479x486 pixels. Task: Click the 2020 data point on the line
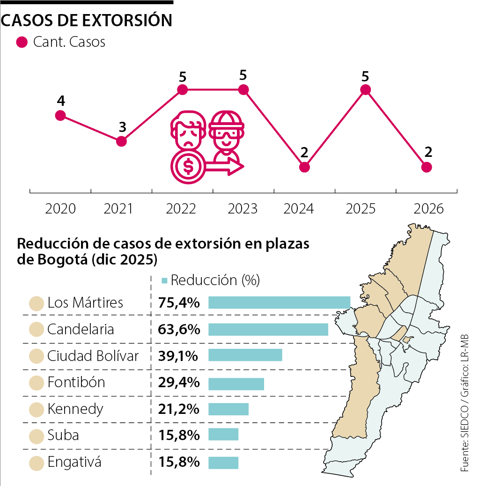(x=60, y=116)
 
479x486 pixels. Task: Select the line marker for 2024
(x=304, y=167)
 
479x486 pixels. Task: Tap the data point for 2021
(x=121, y=141)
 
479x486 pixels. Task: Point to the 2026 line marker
(x=426, y=167)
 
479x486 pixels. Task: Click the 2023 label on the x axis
(x=243, y=209)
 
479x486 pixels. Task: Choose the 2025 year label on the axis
(x=361, y=209)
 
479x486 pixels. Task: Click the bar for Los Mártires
(x=279, y=302)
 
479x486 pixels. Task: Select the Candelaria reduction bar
(x=268, y=329)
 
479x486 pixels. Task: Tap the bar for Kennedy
(x=228, y=409)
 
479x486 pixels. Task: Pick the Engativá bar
(x=223, y=463)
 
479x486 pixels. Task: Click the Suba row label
(x=63, y=435)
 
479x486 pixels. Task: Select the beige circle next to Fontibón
(x=36, y=383)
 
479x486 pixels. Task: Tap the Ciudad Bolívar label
(x=93, y=356)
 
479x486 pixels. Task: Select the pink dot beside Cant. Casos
(x=22, y=42)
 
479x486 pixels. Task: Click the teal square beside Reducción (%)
(x=164, y=280)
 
